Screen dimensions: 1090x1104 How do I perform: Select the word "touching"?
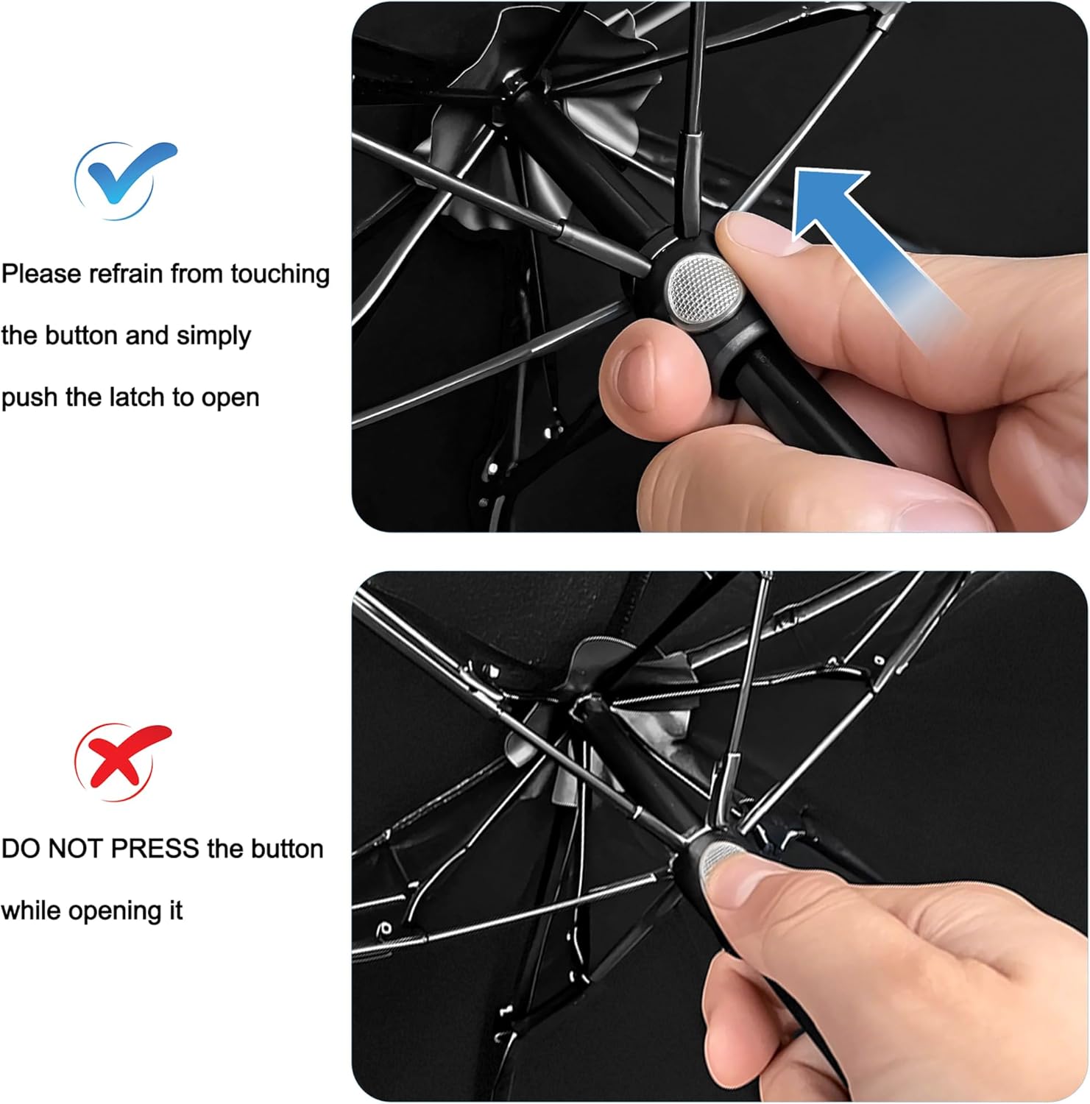pos(280,275)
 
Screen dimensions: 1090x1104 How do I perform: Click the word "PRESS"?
pos(155,849)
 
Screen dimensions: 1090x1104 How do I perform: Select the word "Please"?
pos(41,274)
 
